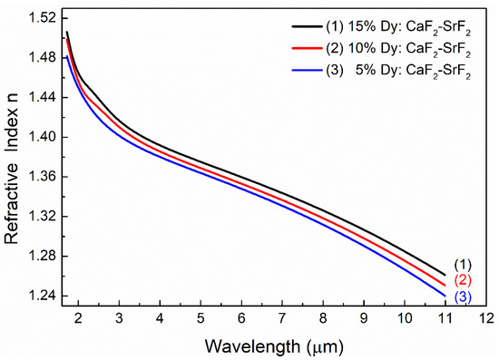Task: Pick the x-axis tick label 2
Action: tap(78, 319)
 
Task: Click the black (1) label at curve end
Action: tap(463, 262)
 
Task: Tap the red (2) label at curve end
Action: tap(463, 279)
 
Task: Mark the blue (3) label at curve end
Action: tap(463, 297)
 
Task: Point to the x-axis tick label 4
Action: tap(160, 319)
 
